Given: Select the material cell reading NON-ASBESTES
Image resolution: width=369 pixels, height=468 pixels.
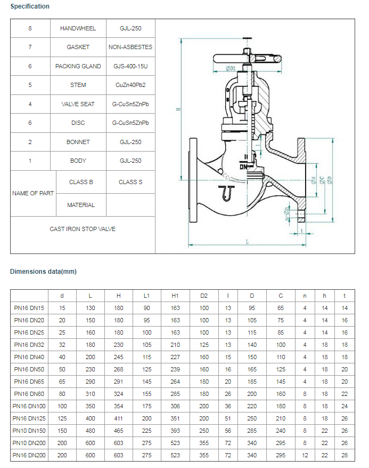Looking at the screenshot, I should [130, 47].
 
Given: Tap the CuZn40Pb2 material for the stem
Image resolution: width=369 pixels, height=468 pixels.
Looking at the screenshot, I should [130, 85].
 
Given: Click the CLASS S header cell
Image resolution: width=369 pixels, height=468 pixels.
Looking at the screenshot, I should [130, 182].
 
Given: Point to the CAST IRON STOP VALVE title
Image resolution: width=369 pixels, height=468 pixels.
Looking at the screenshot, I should [83, 229].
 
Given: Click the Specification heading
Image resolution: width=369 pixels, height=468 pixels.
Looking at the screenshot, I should [30, 6].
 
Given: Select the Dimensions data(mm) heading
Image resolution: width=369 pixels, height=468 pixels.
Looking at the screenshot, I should [43, 272].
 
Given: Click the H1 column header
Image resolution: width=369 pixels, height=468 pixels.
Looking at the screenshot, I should [175, 296].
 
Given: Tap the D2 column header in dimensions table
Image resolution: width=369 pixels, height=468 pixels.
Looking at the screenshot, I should [204, 296].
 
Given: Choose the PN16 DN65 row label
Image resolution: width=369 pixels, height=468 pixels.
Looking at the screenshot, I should [29, 382].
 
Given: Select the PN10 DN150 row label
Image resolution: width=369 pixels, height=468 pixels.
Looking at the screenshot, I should [29, 431].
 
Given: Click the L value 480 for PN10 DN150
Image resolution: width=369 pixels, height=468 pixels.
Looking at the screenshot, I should [90, 431].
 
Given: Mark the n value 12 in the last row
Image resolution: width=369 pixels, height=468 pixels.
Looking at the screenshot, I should [305, 455].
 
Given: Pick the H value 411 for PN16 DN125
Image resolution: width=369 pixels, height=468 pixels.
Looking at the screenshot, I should [118, 418].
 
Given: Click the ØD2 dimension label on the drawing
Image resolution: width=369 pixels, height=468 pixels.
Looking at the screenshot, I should [230, 68].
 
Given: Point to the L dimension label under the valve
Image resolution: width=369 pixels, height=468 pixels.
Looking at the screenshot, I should [247, 242].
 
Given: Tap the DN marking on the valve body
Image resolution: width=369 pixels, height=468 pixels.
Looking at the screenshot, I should [243, 166].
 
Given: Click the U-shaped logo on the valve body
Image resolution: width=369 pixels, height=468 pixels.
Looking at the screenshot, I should [228, 193].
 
